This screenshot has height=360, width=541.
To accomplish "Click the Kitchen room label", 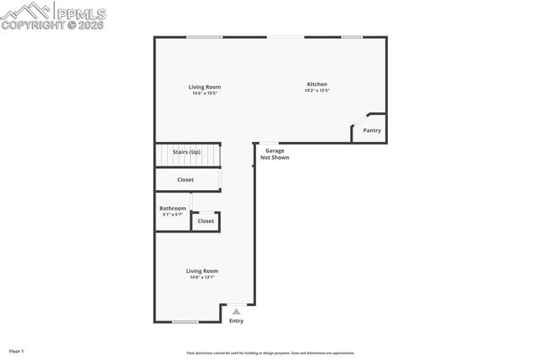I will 317,85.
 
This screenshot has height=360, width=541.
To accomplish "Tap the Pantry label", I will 372,130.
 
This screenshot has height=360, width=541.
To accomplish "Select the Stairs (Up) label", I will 187,152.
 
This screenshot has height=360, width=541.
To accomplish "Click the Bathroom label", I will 172,208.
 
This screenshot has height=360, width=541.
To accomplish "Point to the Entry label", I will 236,320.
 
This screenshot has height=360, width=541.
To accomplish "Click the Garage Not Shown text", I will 275,154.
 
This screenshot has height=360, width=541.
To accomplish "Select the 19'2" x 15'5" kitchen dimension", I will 317,91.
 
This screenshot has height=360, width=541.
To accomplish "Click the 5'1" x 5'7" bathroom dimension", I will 172,215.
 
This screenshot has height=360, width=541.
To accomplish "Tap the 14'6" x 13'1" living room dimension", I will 202,277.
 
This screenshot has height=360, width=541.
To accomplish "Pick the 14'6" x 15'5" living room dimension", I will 204,93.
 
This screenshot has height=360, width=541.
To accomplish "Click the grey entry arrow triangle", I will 236,311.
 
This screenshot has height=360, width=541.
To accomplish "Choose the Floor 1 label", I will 17,351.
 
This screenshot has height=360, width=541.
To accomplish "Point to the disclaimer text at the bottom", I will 270,353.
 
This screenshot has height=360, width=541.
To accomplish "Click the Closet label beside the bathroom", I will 205,221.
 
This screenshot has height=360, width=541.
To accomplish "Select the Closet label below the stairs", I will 186,179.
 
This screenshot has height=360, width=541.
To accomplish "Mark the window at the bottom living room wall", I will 185,322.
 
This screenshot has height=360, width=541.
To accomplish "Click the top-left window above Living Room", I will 204,36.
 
